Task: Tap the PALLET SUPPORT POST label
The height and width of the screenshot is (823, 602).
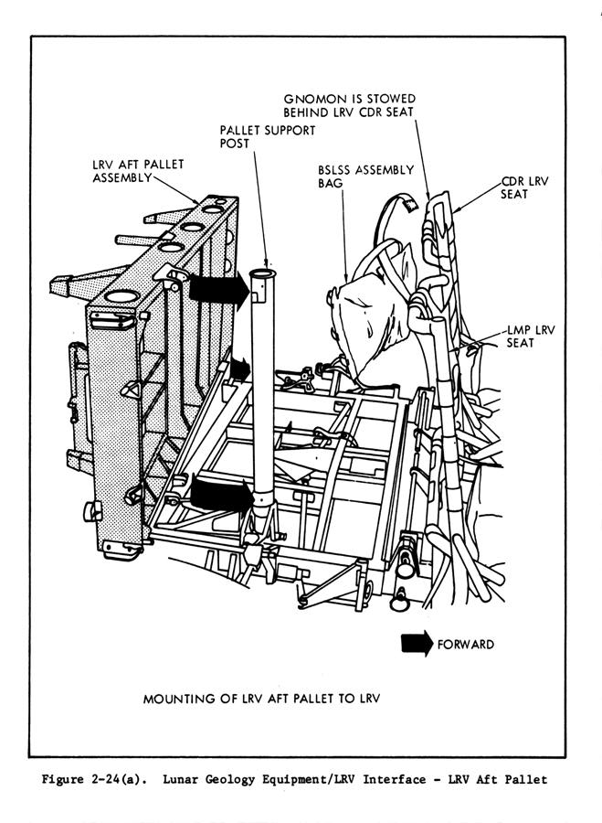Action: (x=267, y=137)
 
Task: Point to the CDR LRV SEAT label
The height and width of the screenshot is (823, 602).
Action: (x=524, y=188)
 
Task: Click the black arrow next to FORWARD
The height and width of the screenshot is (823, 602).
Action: (x=417, y=644)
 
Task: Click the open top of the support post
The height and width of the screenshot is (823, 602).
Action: (x=261, y=273)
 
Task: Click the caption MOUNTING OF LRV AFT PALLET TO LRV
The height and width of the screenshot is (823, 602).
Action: (x=261, y=700)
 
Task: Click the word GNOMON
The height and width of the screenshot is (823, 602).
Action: (x=311, y=98)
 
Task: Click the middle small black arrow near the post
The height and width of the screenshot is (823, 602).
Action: (x=238, y=368)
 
